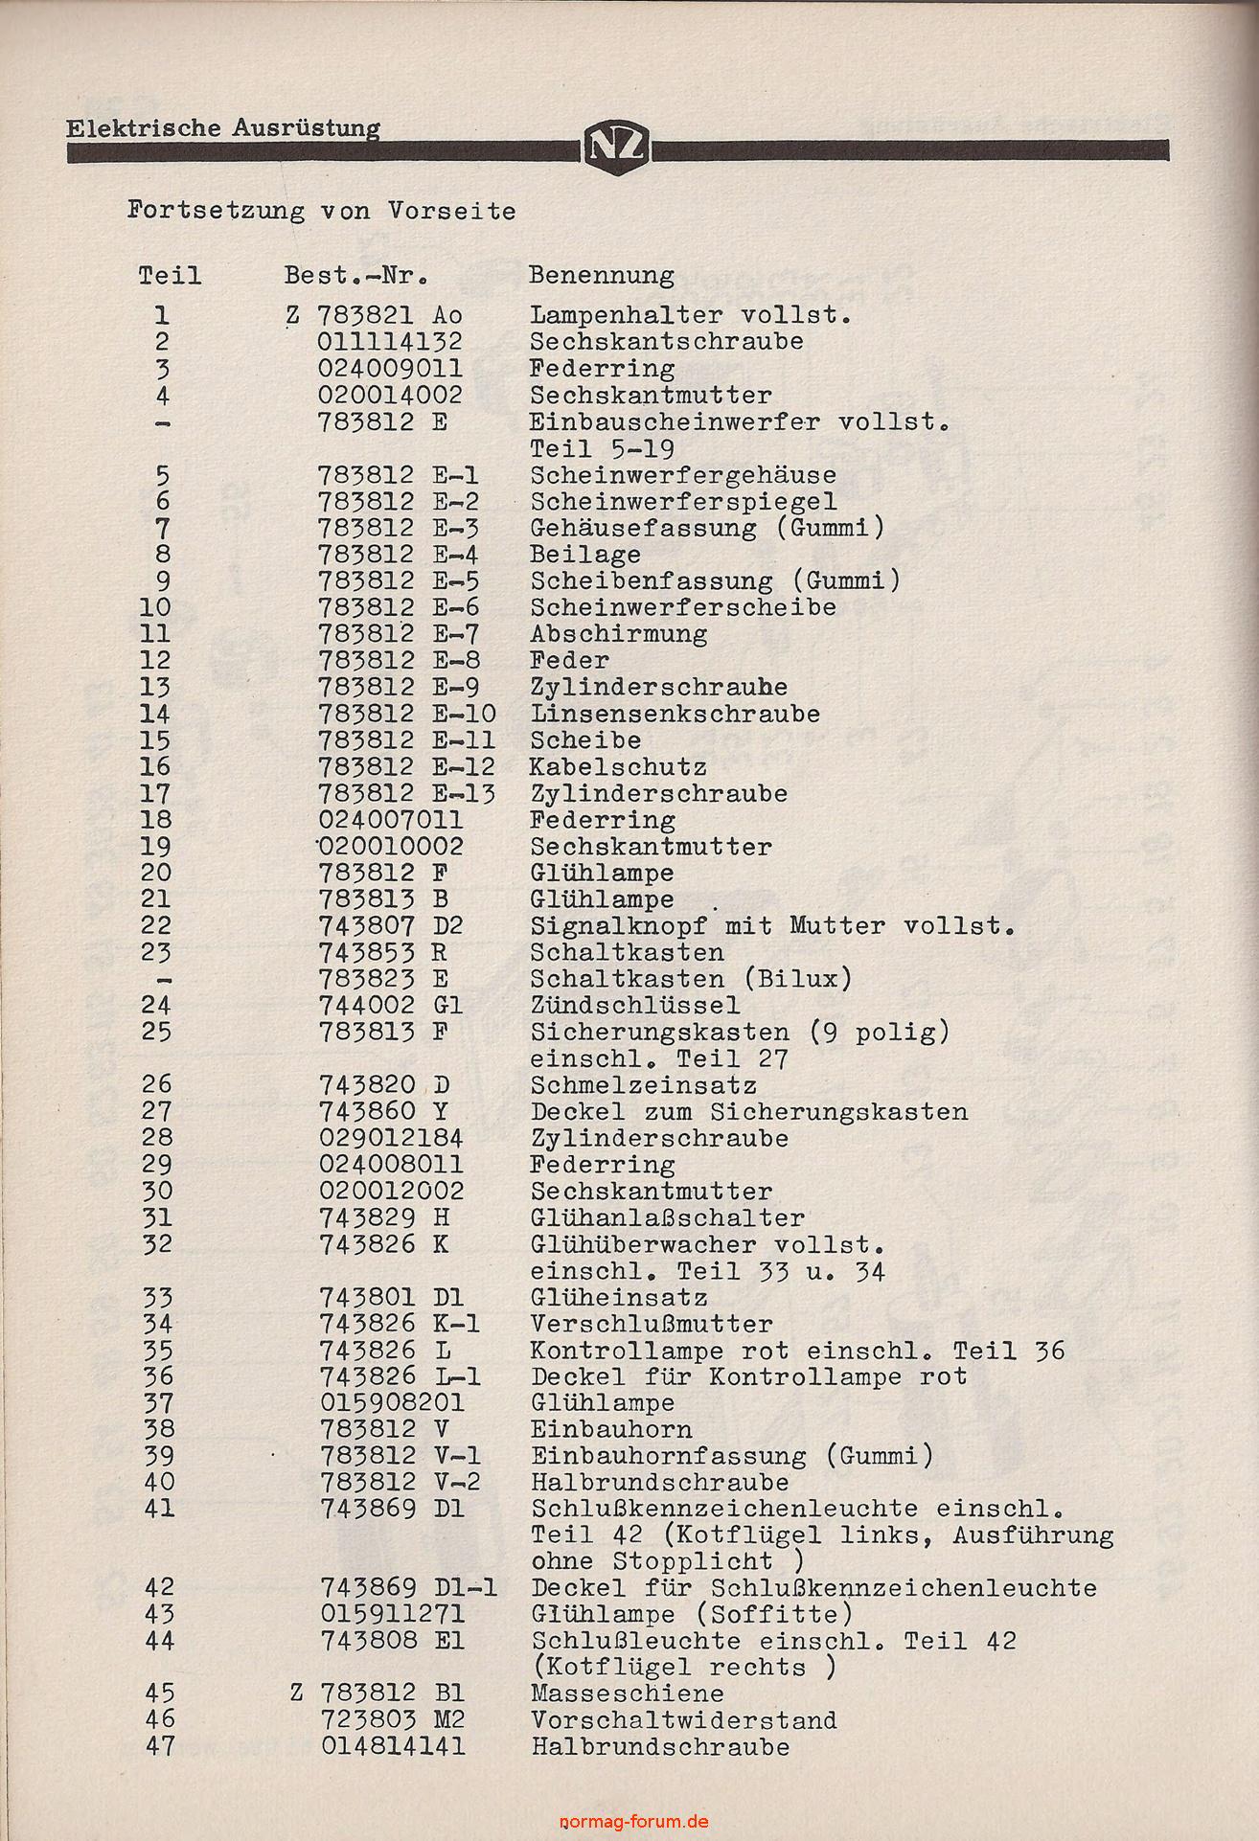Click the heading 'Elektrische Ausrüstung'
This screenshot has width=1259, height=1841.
click(222, 128)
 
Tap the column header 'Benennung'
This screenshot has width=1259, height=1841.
click(601, 276)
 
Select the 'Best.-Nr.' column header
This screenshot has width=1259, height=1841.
click(355, 276)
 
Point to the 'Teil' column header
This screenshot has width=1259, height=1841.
click(170, 276)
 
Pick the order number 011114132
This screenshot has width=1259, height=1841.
click(390, 342)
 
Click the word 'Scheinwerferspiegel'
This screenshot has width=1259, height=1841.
click(683, 501)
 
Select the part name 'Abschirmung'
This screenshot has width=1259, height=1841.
click(619, 634)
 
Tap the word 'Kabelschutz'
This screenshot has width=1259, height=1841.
click(618, 767)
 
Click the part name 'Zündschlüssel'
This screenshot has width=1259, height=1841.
click(634, 1006)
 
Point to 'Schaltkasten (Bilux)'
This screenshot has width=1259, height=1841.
click(691, 979)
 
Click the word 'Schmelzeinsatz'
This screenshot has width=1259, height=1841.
click(643, 1086)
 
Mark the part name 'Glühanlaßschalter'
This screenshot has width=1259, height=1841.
click(667, 1218)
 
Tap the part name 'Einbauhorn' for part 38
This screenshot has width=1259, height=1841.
click(611, 1430)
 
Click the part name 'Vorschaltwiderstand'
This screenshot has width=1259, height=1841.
click(684, 1720)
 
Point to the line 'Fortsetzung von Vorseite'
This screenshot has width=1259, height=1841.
click(321, 211)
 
